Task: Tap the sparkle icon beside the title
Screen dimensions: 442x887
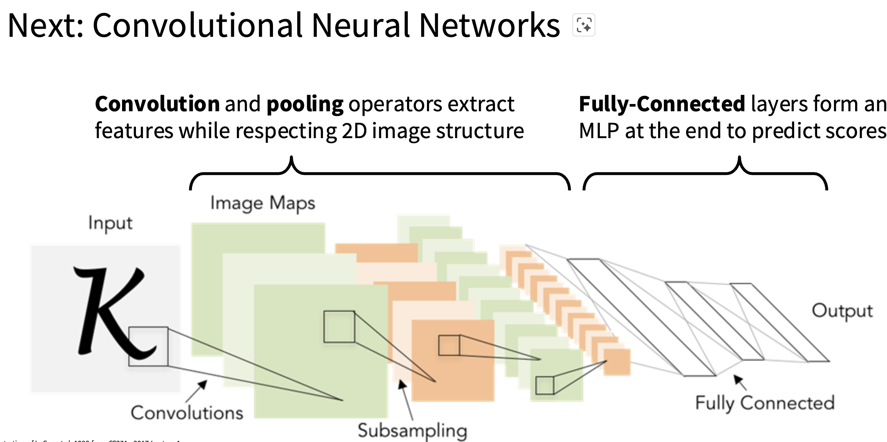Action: point(584,25)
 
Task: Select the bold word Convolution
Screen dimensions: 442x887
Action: point(157,104)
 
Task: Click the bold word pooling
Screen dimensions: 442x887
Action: point(305,105)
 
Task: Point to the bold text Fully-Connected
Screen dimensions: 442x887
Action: point(662,104)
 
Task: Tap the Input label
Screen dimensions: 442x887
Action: point(110,223)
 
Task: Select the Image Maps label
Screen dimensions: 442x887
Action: point(263,203)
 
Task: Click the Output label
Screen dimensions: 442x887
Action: point(842,311)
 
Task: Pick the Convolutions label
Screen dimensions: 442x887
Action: point(187,413)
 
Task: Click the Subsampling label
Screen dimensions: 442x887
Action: point(412,431)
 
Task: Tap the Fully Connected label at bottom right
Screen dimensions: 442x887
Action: point(765,403)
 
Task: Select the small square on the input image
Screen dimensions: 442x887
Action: point(148,346)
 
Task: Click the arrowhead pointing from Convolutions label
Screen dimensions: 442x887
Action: point(203,384)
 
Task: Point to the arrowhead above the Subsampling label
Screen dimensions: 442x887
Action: point(402,384)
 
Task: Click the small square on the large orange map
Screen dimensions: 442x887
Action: point(449,345)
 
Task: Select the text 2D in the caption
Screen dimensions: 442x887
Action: point(354,131)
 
